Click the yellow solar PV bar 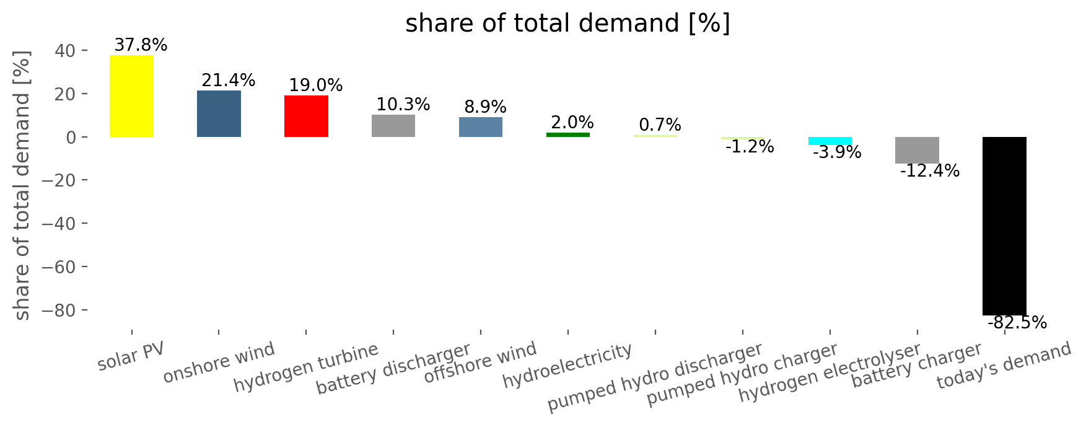click(131, 96)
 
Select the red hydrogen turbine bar click(306, 117)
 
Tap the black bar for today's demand click(1004, 226)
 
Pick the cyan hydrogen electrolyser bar click(830, 141)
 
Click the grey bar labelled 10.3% click(393, 126)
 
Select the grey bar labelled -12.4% click(917, 150)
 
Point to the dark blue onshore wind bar click(219, 114)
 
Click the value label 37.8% click(141, 45)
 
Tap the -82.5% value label click(1017, 323)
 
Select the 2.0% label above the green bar click(572, 123)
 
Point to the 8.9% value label click(485, 107)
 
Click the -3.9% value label click(837, 152)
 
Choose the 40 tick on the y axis click(63, 51)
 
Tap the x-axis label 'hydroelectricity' click(567, 366)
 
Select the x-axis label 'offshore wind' click(480, 363)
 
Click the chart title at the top click(567, 24)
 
